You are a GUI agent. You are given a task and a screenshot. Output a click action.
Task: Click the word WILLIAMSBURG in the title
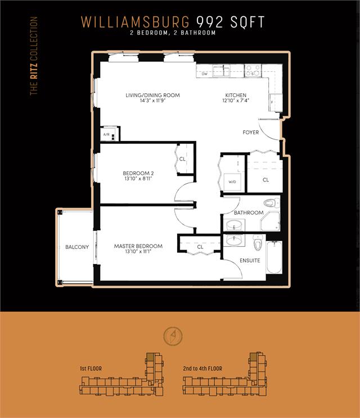click(136, 22)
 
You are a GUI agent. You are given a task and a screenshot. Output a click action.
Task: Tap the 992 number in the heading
click(210, 22)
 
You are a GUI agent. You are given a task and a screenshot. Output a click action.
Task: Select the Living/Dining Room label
click(152, 95)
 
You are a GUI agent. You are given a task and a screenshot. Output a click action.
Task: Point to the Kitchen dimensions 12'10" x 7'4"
click(236, 101)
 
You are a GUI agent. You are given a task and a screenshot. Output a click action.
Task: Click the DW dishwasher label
click(205, 74)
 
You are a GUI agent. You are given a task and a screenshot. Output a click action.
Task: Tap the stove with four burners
click(253, 71)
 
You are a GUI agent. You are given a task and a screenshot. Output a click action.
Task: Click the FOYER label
click(250, 132)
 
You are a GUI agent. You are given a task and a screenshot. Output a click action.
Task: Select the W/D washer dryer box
click(232, 183)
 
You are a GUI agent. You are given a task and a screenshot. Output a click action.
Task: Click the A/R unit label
click(106, 134)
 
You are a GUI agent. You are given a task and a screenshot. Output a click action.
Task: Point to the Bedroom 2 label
click(138, 173)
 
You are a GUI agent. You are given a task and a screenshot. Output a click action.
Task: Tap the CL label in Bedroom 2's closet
click(182, 159)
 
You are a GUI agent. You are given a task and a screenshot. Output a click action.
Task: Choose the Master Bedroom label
click(138, 246)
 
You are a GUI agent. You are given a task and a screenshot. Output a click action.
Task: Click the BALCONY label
click(77, 247)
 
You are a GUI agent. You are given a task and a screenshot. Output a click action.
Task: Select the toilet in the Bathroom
click(269, 203)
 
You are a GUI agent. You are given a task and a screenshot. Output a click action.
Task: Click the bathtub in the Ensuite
click(274, 257)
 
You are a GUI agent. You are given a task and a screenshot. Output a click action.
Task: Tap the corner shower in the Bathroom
click(270, 221)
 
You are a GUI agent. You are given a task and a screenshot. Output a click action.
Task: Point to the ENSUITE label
click(250, 261)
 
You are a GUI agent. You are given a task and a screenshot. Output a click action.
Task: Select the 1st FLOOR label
click(91, 369)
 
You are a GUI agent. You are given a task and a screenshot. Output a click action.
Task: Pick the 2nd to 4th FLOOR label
click(202, 369)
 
